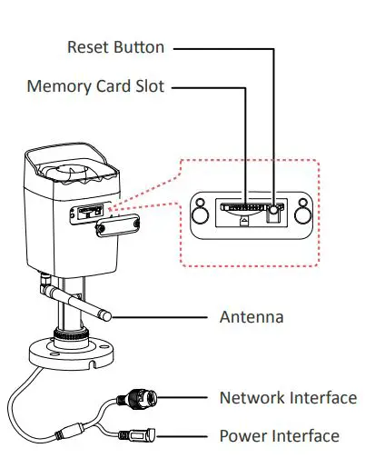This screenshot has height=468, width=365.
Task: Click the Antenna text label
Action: coord(252,317)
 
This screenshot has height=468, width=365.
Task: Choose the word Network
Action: coord(252,398)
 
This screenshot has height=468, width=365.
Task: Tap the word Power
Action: coord(241,436)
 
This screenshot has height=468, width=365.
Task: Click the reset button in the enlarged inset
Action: coord(273,214)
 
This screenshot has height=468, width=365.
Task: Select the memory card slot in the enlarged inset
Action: coord(244,207)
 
